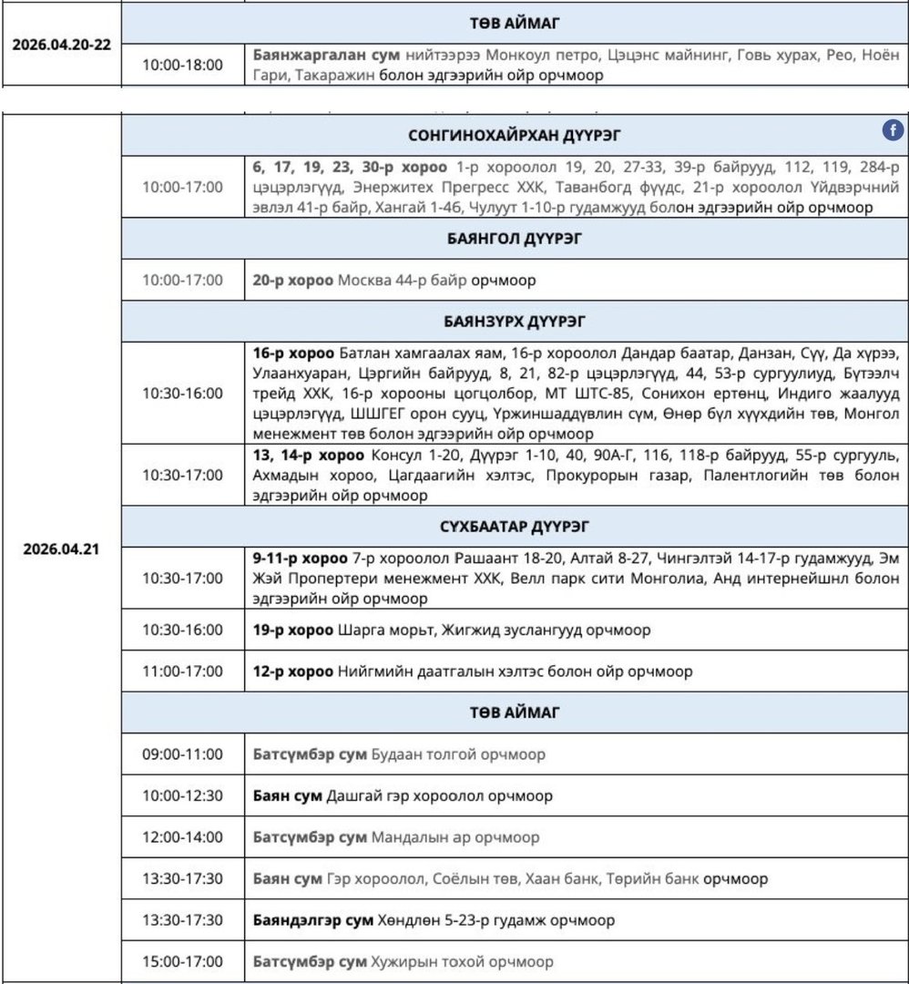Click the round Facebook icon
click(893, 131)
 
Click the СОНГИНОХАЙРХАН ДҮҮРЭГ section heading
click(515, 135)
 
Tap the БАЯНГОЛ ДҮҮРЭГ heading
click(515, 240)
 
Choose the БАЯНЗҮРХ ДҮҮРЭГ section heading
click(515, 322)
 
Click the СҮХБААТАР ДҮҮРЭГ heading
click(515, 527)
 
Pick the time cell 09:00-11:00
click(182, 754)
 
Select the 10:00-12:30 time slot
click(182, 795)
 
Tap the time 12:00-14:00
click(182, 837)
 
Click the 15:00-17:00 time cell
click(182, 961)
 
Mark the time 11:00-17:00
click(182, 671)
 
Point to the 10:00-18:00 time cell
click(182, 65)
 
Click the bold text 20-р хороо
click(293, 281)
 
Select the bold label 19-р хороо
click(293, 630)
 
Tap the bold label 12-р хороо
click(293, 671)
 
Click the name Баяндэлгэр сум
click(312, 920)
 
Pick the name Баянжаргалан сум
click(314, 56)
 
